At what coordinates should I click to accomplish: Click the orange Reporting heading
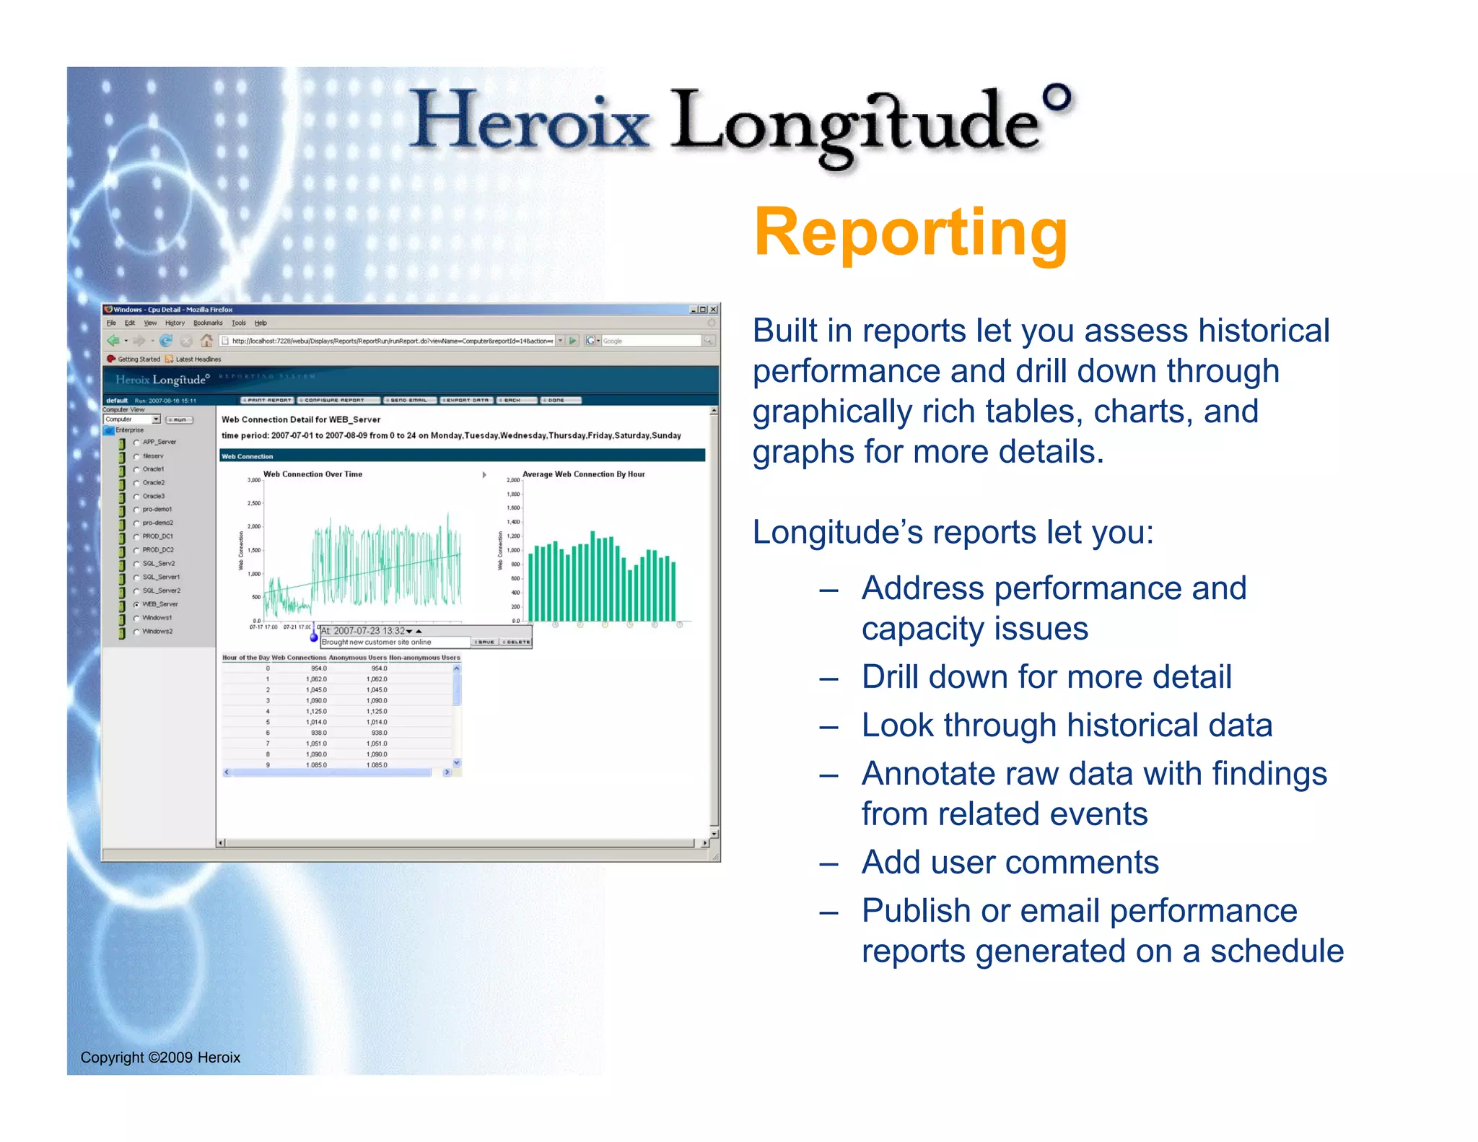[x=910, y=232]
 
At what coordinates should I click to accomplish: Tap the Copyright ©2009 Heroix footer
[x=160, y=1057]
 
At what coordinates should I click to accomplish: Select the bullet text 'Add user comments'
[x=1010, y=862]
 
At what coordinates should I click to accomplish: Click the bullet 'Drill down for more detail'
[x=1046, y=677]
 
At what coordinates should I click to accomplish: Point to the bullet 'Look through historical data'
[x=1066, y=725]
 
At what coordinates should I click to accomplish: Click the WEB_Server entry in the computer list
[x=159, y=604]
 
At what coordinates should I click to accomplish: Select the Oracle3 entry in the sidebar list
[x=153, y=496]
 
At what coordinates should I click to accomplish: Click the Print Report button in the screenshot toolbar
[x=268, y=400]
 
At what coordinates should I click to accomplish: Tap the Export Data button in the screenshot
[x=466, y=400]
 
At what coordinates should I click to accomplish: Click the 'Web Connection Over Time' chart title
[x=312, y=474]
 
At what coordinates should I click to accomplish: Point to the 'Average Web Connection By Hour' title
[x=583, y=474]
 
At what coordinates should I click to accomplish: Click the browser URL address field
[x=390, y=341]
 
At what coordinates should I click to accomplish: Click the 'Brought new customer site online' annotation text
[x=376, y=642]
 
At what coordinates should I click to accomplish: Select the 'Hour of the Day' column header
[x=245, y=658]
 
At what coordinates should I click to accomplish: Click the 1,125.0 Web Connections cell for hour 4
[x=316, y=711]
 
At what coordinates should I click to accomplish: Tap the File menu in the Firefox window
[x=111, y=323]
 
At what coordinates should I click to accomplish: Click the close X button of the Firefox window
[x=713, y=310]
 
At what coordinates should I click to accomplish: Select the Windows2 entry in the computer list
[x=157, y=631]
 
